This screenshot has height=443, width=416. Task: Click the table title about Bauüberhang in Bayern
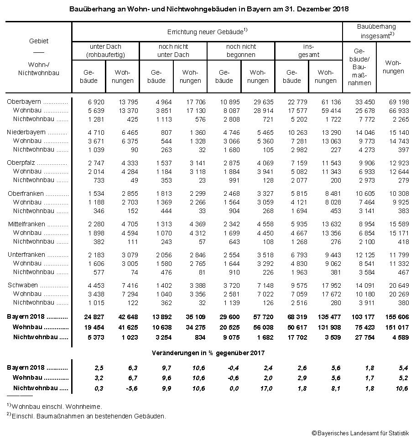point(208,9)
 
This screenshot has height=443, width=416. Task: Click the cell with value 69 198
point(395,102)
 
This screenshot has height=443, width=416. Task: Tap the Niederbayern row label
point(26,132)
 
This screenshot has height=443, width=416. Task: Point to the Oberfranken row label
point(26,193)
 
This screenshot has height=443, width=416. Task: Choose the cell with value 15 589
point(395,224)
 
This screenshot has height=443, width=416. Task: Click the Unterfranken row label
point(26,255)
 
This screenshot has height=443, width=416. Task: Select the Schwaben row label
point(23,285)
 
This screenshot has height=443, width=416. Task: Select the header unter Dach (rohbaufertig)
point(105,51)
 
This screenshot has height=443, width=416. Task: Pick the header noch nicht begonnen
point(241,51)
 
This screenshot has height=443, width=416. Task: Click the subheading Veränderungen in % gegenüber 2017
point(208,352)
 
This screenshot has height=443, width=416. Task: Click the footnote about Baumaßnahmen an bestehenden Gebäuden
point(87,415)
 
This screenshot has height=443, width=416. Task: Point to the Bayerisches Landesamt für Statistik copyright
point(360,433)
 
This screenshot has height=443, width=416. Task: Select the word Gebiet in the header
point(38,41)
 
